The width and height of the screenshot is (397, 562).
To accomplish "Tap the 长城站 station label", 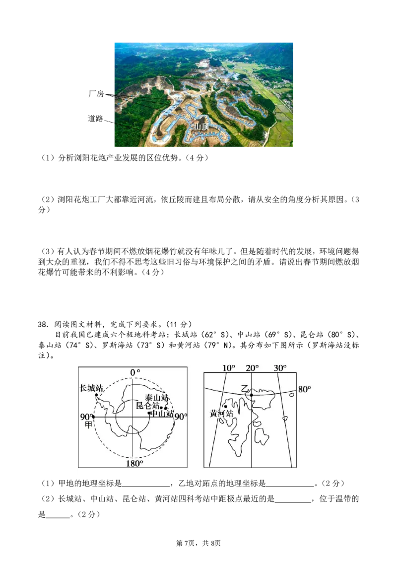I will point(91,388).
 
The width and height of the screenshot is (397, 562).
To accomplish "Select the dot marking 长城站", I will point(96,395).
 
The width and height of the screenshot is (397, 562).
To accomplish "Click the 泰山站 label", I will point(157,398).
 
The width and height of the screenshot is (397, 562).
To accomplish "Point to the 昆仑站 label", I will point(148,405).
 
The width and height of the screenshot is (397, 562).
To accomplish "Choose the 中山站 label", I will point(162,413).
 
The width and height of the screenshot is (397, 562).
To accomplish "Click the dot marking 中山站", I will point(149,413).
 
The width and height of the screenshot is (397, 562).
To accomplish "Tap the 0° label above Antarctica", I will point(135,372).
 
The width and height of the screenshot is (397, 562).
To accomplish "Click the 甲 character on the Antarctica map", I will point(89,424).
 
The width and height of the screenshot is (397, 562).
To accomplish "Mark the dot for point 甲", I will point(94,417).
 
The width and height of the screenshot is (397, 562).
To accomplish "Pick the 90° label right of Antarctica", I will point(181,417).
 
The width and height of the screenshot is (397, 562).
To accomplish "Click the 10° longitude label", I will point(228,368).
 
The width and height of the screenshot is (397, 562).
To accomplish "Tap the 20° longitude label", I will point(252,368).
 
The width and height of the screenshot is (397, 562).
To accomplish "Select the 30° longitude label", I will point(280,368).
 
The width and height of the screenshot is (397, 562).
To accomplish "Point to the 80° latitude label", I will point(304,389).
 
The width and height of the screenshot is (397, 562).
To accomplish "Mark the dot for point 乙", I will point(252,395).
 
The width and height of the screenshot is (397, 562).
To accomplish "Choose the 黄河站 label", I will point(221,414).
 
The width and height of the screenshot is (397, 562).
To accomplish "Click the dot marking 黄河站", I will point(225,406).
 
